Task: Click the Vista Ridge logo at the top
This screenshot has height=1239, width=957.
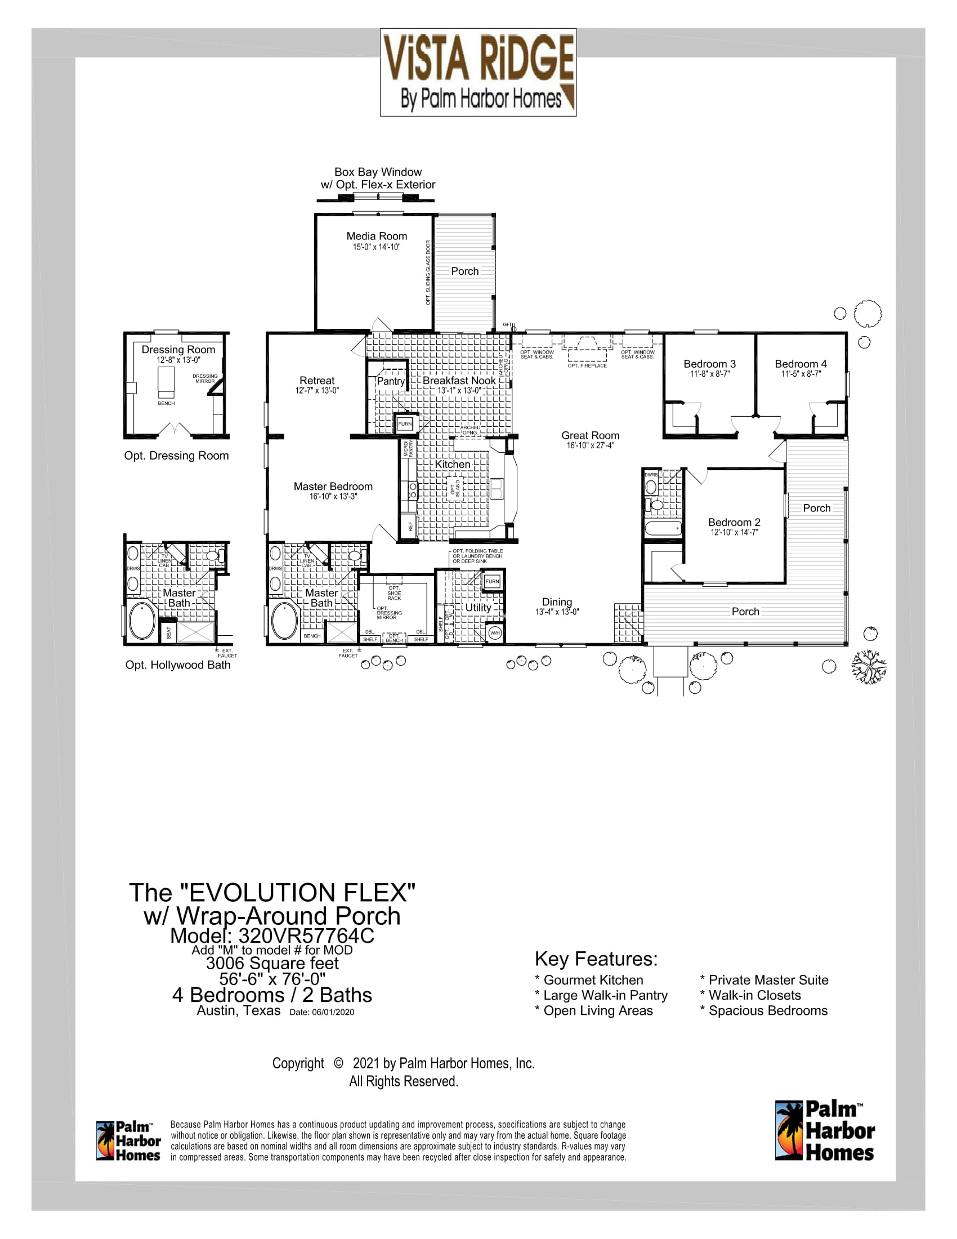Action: pos(478,72)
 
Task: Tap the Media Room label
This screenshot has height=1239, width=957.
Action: pos(377,236)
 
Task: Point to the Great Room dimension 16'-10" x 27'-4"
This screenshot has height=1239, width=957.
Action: pos(590,446)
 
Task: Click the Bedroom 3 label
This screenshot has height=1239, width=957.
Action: pos(709,364)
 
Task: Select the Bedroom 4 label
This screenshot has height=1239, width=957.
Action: pos(801,364)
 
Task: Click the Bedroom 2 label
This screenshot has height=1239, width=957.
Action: pos(734,522)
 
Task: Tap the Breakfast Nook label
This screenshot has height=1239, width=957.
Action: pos(459,380)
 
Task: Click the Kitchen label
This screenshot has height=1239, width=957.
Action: pos(452,464)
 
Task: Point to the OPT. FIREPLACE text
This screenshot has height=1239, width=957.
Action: pos(587,366)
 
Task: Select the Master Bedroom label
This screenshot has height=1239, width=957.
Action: pos(333,486)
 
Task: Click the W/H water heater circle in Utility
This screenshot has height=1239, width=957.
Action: pos(494,632)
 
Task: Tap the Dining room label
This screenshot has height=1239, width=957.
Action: pos(557,602)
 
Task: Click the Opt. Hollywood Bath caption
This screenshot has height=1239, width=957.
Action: pos(177,665)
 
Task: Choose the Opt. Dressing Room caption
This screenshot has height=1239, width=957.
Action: pos(176,456)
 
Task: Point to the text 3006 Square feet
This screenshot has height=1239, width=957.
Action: pos(272,963)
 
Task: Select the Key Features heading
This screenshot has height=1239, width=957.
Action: pos(596,959)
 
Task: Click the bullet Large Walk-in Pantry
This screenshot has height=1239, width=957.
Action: pos(601,995)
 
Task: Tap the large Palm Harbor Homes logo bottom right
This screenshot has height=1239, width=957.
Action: pos(824,1131)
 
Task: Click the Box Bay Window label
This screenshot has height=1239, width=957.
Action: pos(378,172)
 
